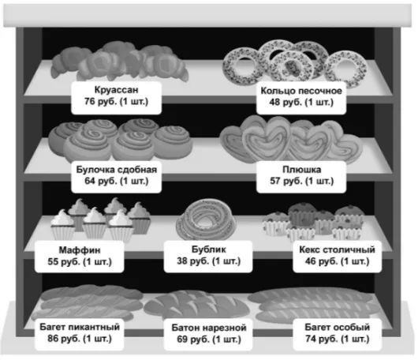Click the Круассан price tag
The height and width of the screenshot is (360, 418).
click(116, 98)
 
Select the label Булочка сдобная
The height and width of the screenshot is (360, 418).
click(117, 170)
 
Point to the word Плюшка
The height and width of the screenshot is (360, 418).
click(301, 170)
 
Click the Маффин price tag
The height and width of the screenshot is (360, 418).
click(80, 257)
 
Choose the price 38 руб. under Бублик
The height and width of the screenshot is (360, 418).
click(192, 261)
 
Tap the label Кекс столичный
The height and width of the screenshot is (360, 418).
click(337, 249)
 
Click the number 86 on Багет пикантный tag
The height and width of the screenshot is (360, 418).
click(53, 339)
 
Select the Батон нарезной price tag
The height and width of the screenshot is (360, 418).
click(208, 335)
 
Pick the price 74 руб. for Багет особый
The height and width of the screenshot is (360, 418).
click(321, 339)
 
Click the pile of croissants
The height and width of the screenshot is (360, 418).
click(119, 62)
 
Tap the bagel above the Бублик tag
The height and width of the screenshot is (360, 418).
click(206, 219)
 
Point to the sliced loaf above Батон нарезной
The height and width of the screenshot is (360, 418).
click(196, 305)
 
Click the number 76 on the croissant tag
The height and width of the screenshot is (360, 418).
click(90, 101)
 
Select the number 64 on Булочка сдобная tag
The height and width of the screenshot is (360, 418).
click(90, 181)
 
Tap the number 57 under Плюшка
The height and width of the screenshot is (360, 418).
click(275, 181)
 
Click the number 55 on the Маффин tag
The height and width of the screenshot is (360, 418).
click(53, 261)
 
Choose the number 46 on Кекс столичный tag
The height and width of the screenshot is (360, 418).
click(311, 261)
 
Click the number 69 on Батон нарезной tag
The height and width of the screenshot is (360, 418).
click(182, 339)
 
